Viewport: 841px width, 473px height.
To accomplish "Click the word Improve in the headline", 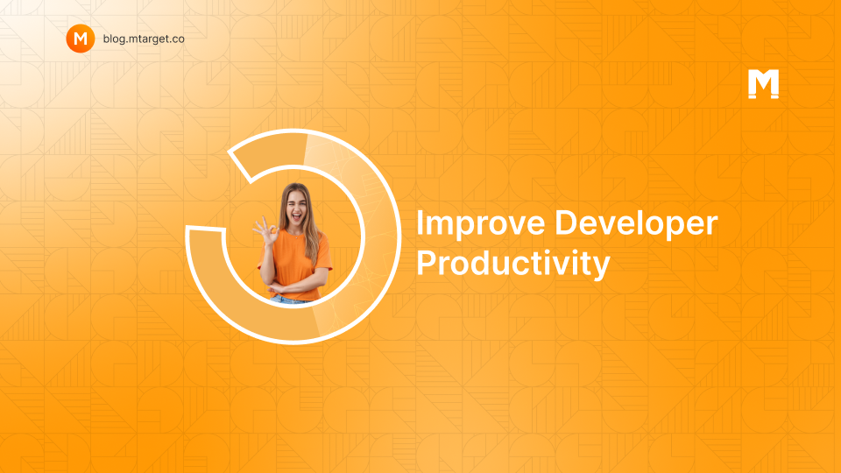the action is coord(480,224).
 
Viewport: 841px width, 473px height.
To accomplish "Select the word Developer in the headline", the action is coord(636,224).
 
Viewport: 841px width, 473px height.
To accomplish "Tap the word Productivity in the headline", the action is coord(513,264).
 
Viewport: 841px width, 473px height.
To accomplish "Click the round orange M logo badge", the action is coord(81,39).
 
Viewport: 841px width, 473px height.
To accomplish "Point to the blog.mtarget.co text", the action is coord(144,39).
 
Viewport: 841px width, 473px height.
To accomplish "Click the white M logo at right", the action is coord(763,84).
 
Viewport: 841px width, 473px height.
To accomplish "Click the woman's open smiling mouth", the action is coord(296,216).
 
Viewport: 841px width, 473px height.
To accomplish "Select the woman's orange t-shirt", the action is coord(295,263).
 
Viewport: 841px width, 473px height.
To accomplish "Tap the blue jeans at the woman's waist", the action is coord(290,300).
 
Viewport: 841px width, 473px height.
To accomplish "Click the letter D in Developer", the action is coord(567,222).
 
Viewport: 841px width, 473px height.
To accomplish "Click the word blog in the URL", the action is coord(113,39).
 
